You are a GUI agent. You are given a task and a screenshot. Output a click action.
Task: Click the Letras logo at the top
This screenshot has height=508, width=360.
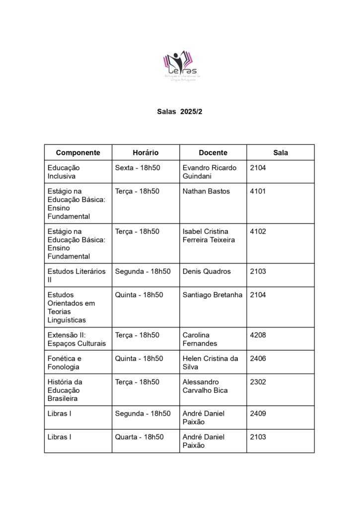click(x=180, y=66)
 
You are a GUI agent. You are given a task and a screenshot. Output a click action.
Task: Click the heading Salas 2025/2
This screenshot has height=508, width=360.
click(x=180, y=112)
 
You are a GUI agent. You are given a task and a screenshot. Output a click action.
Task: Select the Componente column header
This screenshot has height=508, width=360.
click(x=78, y=153)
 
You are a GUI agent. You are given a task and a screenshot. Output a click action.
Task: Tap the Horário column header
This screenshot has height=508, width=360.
click(x=145, y=153)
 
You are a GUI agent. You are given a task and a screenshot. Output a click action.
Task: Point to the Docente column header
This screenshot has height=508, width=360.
click(x=213, y=153)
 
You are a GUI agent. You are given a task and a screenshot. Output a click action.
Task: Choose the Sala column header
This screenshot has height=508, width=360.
click(x=281, y=153)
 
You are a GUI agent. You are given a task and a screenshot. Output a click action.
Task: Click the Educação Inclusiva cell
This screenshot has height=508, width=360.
click(x=64, y=172)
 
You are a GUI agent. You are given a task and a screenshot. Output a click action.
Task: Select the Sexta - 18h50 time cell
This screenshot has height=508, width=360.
click(x=138, y=168)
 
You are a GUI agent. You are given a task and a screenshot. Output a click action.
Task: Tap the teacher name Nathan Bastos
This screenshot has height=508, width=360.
click(x=206, y=191)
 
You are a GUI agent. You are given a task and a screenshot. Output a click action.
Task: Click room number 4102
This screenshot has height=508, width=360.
click(x=258, y=231)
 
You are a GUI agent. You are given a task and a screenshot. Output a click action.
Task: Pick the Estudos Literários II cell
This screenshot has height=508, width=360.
click(x=76, y=275)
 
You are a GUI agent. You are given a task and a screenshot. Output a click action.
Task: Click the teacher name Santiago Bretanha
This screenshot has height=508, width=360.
click(x=213, y=295)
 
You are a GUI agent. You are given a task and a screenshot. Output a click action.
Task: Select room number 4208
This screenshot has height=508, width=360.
click(x=258, y=335)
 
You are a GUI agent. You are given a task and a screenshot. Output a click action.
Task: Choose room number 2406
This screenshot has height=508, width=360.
click(x=258, y=358)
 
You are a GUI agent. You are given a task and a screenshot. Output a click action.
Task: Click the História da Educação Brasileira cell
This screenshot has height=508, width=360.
click(x=65, y=390)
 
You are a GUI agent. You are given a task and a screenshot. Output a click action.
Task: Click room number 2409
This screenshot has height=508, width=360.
click(x=258, y=413)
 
